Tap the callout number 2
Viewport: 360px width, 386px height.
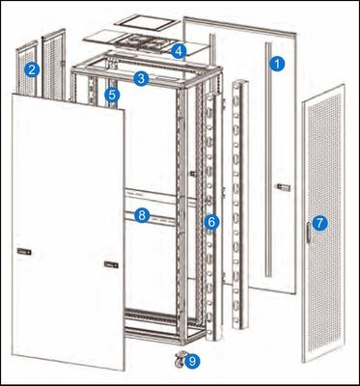click(x=33, y=69)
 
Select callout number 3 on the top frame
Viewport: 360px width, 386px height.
click(x=141, y=78)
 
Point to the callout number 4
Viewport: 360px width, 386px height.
click(x=179, y=49)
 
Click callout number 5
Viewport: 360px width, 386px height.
click(x=113, y=96)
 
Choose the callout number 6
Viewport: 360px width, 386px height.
click(x=211, y=222)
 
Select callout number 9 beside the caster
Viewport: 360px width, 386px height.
click(x=193, y=362)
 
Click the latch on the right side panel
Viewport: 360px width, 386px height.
click(x=282, y=185)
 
